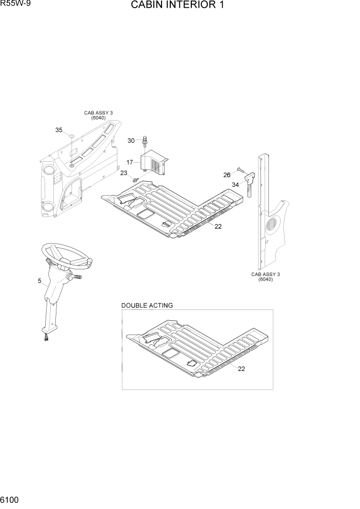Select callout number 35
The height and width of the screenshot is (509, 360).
(x=58, y=130)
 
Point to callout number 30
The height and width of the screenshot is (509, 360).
(x=131, y=141)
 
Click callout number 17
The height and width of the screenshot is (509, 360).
(x=130, y=162)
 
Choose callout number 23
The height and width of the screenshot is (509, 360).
(x=124, y=173)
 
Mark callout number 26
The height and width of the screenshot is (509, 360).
(x=227, y=175)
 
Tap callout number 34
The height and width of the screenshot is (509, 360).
(x=235, y=185)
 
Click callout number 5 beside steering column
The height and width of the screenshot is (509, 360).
(x=39, y=281)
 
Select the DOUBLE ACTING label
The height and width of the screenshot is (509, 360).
(x=147, y=305)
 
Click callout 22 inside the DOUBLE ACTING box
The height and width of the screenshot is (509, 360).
(x=241, y=369)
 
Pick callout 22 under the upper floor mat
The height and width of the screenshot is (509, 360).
(x=218, y=227)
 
